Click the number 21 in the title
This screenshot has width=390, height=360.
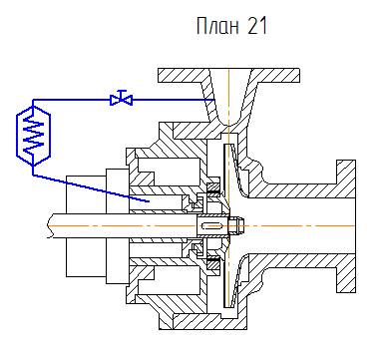pos(257,26)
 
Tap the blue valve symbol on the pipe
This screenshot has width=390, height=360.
pos(122,99)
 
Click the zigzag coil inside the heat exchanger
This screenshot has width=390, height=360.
pos(33,136)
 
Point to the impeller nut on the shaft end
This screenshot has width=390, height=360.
pos(237,225)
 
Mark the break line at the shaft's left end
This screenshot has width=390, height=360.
pos(50,226)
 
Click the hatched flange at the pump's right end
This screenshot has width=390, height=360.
pos(346,226)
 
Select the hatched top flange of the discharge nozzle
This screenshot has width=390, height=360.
pos(228,75)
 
